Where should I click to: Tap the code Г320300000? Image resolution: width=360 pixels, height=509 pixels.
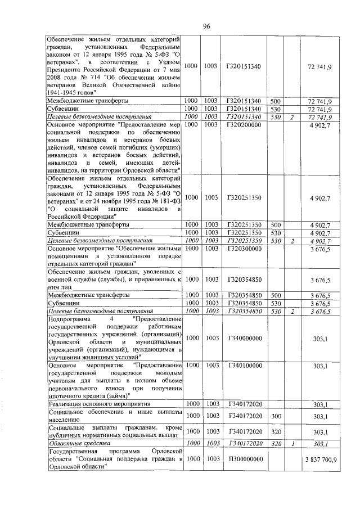click(x=243, y=248)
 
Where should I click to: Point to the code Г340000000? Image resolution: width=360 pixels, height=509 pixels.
click(x=243, y=337)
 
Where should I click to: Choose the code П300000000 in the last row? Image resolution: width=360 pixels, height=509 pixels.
click(x=243, y=460)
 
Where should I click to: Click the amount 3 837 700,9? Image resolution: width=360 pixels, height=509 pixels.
click(x=321, y=460)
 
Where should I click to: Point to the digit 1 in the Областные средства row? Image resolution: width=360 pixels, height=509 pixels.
click(x=292, y=444)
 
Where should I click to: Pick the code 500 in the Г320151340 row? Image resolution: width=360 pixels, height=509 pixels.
click(x=276, y=100)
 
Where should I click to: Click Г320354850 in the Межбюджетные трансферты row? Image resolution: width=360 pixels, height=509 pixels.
click(x=243, y=295)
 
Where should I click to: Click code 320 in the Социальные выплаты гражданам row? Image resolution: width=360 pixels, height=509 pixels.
click(x=276, y=431)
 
